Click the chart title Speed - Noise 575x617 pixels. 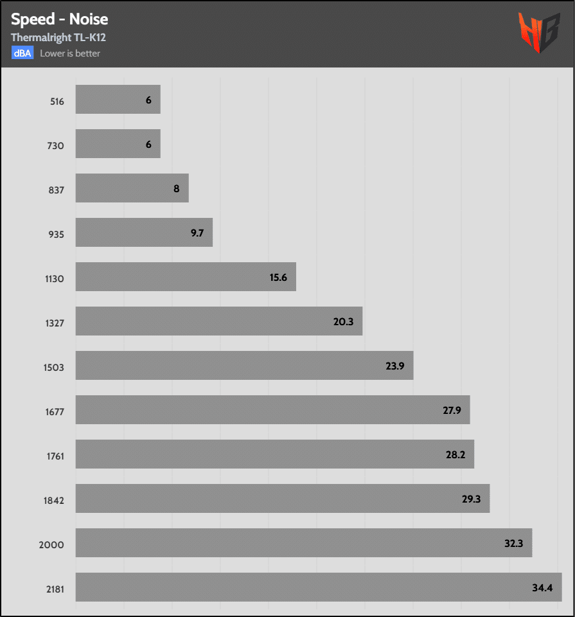coord(59,19)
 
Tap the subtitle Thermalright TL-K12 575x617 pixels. coord(58,38)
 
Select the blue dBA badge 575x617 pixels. coord(22,53)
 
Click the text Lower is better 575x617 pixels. coord(70,53)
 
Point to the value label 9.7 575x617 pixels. coord(197,233)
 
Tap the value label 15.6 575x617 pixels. coord(278,277)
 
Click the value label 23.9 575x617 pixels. coord(395,366)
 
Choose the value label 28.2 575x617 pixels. coord(456,454)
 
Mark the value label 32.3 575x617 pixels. coord(514,543)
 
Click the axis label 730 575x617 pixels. coord(56,146)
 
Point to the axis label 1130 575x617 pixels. coord(54,279)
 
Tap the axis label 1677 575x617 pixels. coord(54,412)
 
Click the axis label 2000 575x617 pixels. coord(53,545)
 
